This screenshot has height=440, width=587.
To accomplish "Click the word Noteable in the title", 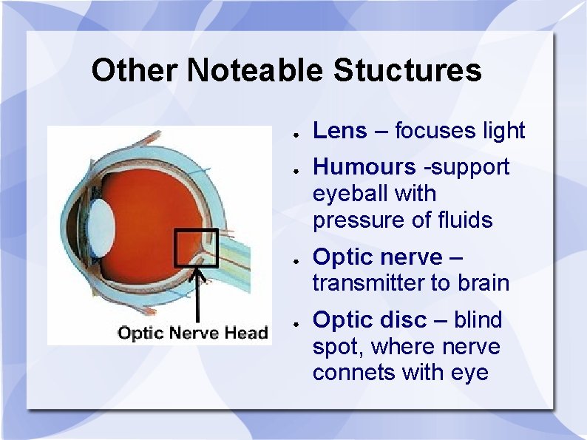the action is (254, 71).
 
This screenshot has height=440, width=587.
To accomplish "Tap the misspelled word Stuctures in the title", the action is (407, 71).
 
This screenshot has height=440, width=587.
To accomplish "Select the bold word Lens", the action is (340, 131).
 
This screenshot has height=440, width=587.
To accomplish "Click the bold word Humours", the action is (364, 168).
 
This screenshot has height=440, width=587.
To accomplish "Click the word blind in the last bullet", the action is (478, 320).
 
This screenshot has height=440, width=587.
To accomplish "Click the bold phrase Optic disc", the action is (370, 320).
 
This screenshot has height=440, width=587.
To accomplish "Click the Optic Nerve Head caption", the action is (192, 333).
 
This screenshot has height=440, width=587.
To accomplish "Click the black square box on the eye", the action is (196, 248).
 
